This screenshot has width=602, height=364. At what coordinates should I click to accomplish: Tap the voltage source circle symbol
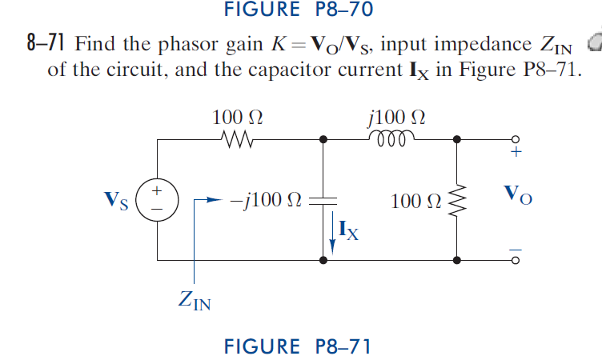158,199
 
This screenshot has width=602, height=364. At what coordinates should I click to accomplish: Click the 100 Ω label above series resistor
238,117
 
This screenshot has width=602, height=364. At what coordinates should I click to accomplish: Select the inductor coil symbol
390,138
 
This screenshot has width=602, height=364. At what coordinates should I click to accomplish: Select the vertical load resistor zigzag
457,200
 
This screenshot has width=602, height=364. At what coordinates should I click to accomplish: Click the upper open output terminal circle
516,139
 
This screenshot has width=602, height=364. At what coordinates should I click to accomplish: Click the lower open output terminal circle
516,260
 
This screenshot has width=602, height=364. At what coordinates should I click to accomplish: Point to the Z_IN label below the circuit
195,302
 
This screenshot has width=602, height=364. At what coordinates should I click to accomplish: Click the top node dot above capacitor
323,139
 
